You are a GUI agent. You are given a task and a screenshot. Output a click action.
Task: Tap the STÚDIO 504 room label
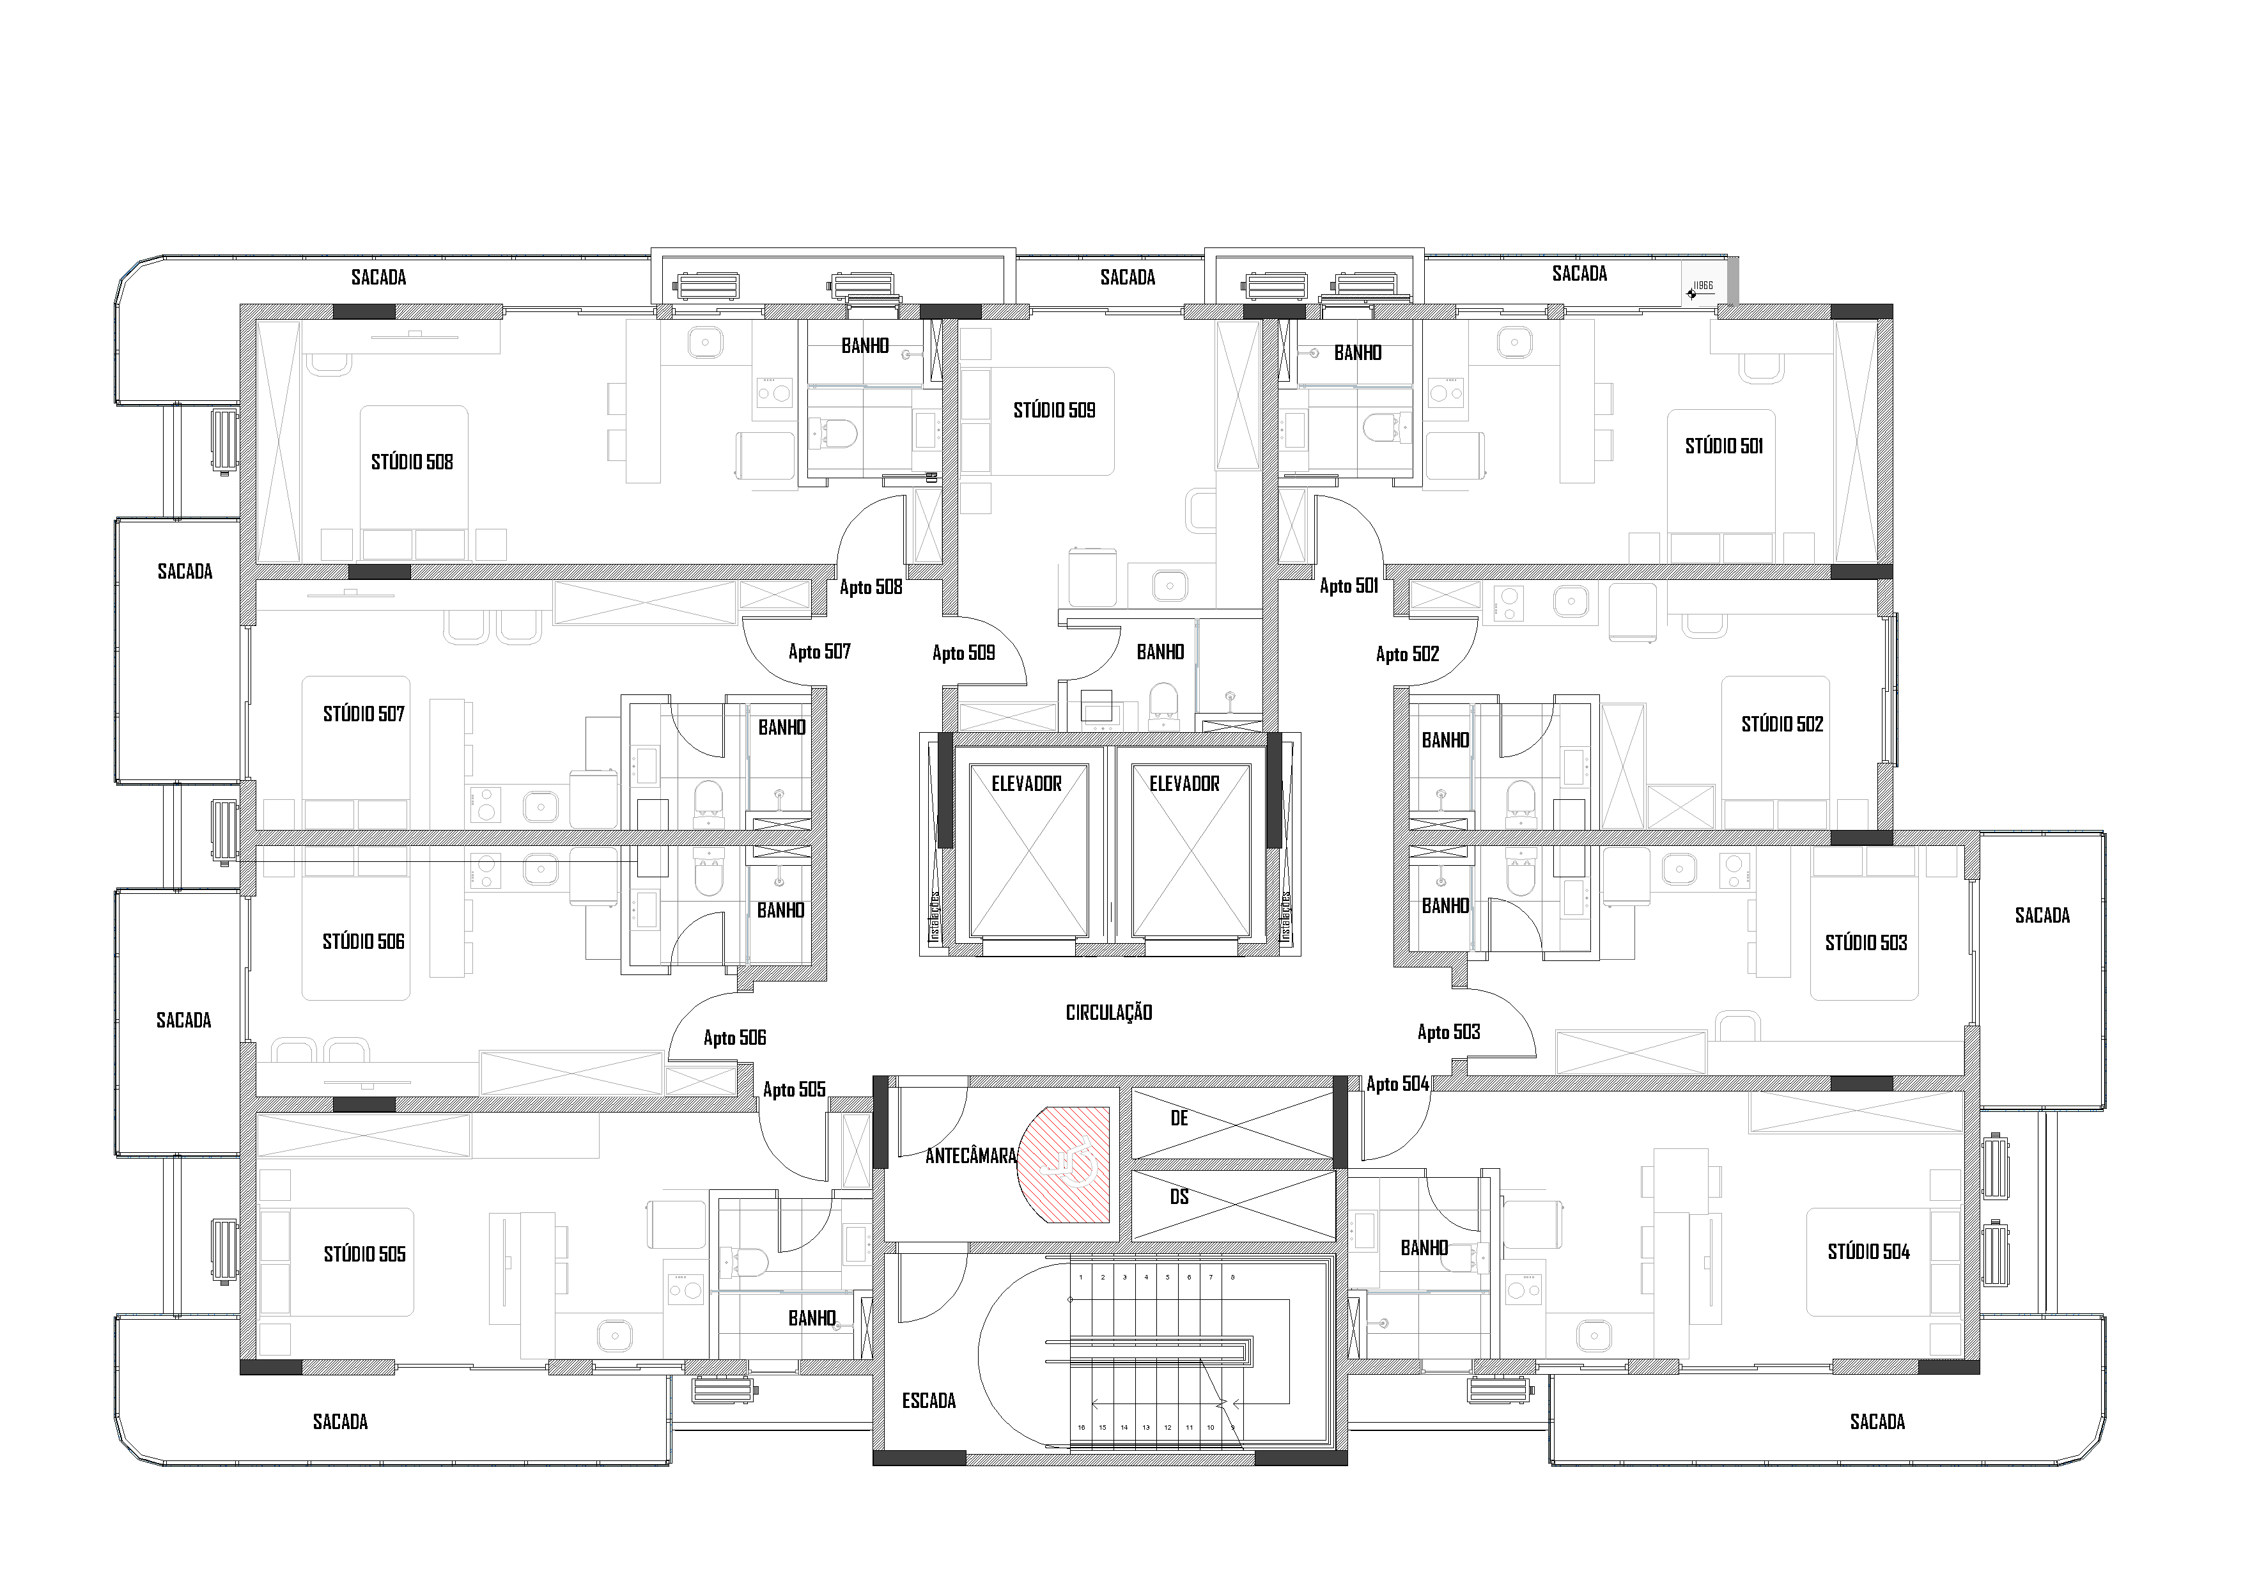point(1868,1252)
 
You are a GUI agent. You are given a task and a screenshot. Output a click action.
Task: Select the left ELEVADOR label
point(1026,784)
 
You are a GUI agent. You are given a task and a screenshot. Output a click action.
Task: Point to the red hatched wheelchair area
point(1067,1165)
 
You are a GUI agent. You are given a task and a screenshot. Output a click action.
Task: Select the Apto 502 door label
point(1407,655)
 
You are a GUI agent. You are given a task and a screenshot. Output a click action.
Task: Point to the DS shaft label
point(1179,1197)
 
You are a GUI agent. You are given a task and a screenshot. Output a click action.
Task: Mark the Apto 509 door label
point(963,653)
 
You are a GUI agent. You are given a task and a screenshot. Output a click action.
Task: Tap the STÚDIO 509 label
point(1054,410)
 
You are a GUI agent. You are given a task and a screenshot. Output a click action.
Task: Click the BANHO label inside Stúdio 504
point(1424,1248)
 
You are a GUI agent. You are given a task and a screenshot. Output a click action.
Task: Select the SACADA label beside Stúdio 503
point(2042,916)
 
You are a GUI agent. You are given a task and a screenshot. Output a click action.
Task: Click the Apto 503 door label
point(1448,1032)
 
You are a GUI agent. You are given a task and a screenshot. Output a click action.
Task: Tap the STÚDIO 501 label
point(1723,446)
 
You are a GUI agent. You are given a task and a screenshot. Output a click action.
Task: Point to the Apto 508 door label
point(871,588)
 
